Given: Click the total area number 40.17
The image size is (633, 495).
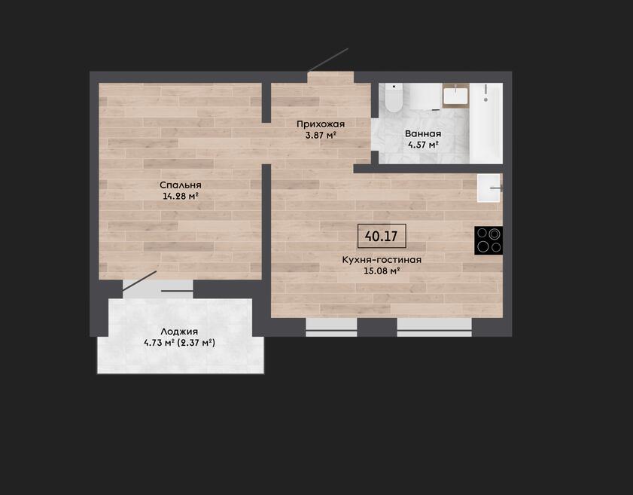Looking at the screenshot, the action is point(381,236).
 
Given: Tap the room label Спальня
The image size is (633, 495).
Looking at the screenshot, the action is point(181,185).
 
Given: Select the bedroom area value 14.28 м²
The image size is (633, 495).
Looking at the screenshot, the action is point(181,197).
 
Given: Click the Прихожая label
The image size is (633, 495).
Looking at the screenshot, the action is point(321,124).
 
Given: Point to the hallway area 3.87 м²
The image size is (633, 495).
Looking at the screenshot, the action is point(321,135).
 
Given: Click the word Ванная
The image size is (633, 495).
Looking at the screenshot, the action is point(423,134).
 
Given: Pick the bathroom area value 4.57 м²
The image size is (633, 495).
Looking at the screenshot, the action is point(423,145).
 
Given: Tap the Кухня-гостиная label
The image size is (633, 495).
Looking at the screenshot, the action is point(382,260).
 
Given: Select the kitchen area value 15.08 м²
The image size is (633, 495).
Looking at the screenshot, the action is point(382,270).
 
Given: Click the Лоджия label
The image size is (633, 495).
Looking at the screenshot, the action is point(179,332).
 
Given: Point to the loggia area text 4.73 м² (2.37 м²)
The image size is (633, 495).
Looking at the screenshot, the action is point(179,343).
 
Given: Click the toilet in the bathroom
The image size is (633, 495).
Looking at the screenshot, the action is point(394,98).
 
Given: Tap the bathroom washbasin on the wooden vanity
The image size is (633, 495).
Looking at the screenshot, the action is point(456,96).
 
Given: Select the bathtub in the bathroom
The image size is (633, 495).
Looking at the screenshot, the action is point(486,124).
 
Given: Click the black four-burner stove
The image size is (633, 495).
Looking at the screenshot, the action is point(488,240).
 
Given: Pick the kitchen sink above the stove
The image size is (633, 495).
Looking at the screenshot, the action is point(490,188).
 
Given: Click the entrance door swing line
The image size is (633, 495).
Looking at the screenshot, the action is point(327,60).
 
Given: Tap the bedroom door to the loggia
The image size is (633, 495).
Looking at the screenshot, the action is point(139,280).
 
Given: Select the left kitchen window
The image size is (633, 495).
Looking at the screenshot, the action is point(331,327).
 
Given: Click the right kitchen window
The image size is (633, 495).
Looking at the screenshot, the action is point(434,327).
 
